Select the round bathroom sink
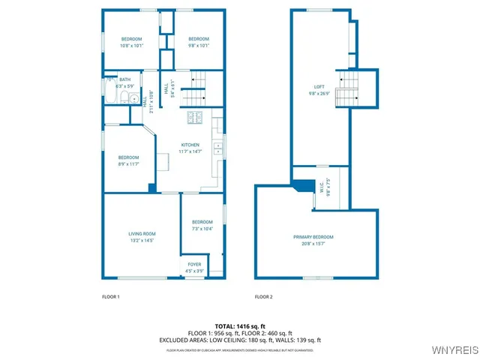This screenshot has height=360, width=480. point(133,99)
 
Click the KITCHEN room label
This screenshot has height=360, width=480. point(189,145)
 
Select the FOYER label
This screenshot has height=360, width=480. point(194,264)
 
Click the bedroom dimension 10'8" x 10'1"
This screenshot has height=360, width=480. point(132,46)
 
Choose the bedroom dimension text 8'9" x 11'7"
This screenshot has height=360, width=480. point(128,164)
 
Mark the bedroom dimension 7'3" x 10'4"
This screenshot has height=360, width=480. point(202,229)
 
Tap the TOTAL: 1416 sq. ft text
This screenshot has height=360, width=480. point(240,326)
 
